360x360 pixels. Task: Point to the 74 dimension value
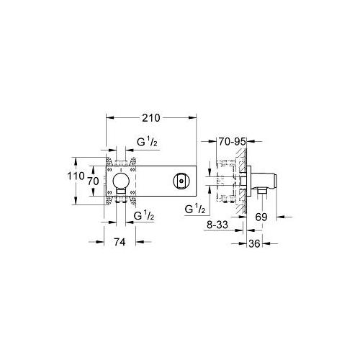pos(120,243)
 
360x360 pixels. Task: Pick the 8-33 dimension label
pos(216,225)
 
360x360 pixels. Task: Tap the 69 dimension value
pos(261,215)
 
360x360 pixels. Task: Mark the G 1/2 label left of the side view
pos(196,210)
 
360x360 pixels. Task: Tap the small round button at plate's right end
pos(179,181)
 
